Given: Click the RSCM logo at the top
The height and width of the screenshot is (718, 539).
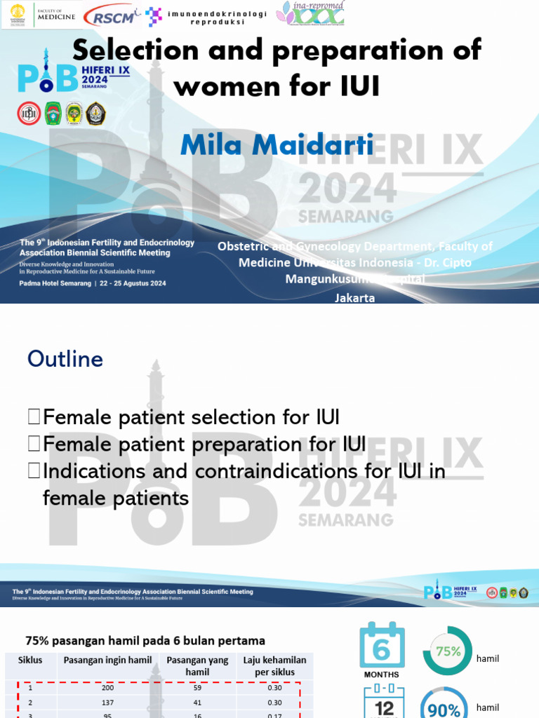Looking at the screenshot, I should pyautogui.click(x=110, y=16).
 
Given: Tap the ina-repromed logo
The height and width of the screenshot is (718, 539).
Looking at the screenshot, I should pyautogui.click(x=310, y=14).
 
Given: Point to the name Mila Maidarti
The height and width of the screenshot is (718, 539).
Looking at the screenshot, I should pyautogui.click(x=277, y=144).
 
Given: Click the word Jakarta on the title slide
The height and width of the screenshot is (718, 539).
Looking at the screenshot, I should pyautogui.click(x=355, y=298).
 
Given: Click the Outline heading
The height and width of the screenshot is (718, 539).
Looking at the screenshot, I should pyautogui.click(x=65, y=359).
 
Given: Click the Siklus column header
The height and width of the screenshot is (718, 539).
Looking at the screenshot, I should pyautogui.click(x=30, y=661).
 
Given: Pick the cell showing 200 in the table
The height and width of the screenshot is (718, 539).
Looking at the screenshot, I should pyautogui.click(x=107, y=688).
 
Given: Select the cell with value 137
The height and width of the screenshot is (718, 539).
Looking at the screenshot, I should pyautogui.click(x=107, y=703).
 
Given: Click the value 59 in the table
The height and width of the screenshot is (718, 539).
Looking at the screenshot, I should pyautogui.click(x=197, y=688).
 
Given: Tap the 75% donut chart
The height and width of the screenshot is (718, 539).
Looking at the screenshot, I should pyautogui.click(x=447, y=651).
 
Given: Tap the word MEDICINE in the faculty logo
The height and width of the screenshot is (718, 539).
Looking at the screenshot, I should pyautogui.click(x=55, y=18).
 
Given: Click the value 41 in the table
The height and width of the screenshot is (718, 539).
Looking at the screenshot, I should pyautogui.click(x=197, y=703).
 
